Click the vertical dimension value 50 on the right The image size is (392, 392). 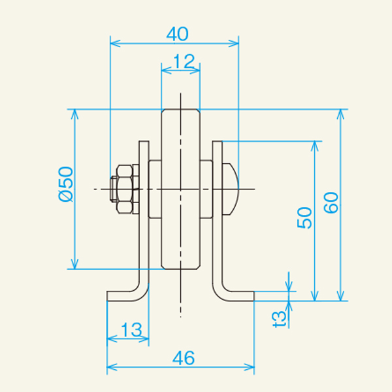(x=304, y=217)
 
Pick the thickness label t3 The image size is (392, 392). (x=280, y=317)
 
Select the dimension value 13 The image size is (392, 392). (x=131, y=329)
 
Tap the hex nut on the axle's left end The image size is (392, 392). (x=124, y=189)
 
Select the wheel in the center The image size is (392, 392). (x=180, y=189)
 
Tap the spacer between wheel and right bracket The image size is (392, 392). (x=206, y=189)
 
